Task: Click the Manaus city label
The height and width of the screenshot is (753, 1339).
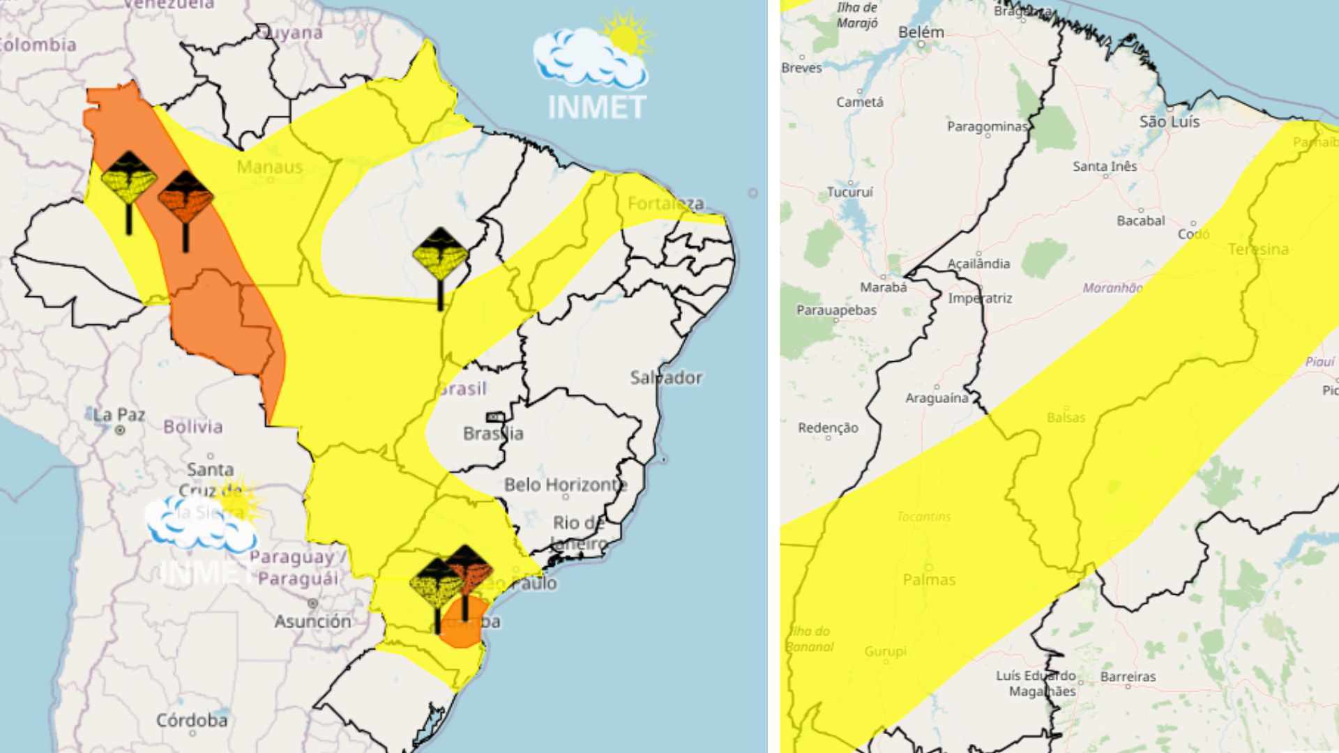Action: tap(270, 167)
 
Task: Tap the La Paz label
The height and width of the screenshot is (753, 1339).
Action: tap(119, 416)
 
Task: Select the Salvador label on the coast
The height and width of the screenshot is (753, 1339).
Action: tap(666, 378)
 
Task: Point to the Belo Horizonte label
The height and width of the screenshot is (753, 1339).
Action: tap(566, 485)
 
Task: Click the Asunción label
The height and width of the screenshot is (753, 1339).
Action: tap(312, 621)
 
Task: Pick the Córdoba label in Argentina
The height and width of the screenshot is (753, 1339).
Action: tap(192, 720)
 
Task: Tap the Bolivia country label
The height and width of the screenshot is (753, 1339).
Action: tap(193, 427)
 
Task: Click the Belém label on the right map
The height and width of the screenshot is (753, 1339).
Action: tap(921, 32)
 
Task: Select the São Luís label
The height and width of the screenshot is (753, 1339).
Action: tap(1170, 121)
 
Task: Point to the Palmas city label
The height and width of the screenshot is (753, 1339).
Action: tap(929, 579)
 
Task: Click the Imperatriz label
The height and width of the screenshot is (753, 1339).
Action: tap(980, 298)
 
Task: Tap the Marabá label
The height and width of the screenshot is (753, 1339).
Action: tap(884, 287)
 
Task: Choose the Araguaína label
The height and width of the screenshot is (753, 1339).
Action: tap(937, 398)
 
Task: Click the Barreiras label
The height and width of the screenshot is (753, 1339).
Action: tap(1128, 676)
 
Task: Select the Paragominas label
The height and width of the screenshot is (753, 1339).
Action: tap(987, 126)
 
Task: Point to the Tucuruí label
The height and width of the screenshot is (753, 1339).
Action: tap(850, 192)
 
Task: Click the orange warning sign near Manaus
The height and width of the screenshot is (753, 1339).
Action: tap(185, 199)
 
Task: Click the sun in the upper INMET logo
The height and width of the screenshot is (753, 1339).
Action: tap(626, 36)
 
